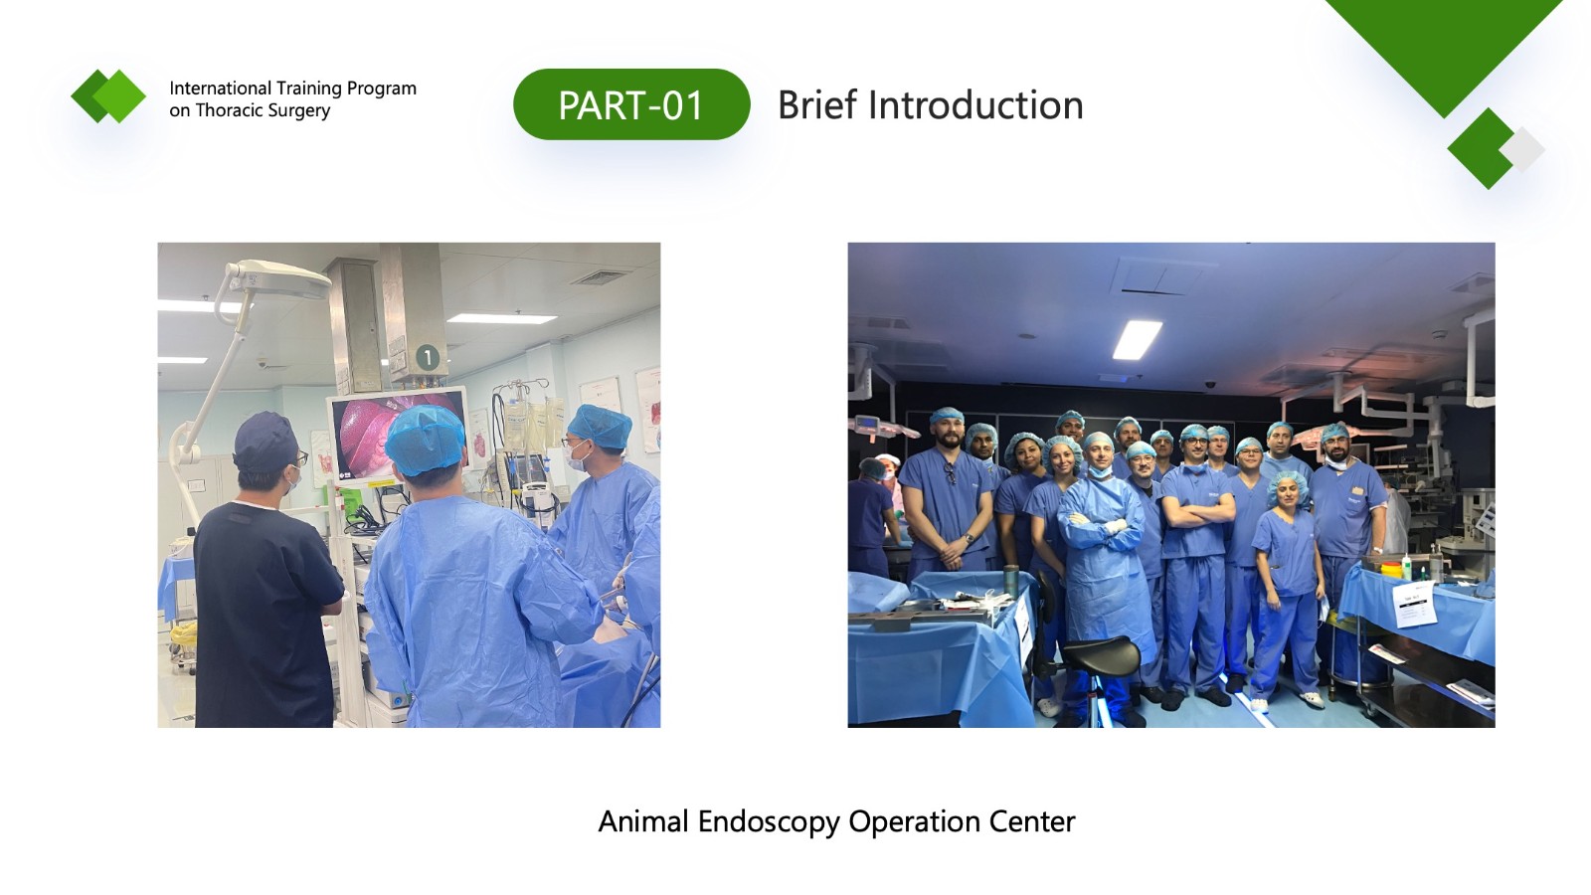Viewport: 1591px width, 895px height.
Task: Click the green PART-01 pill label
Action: pyautogui.click(x=631, y=104)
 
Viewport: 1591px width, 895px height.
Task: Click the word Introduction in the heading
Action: pyautogui.click(x=975, y=105)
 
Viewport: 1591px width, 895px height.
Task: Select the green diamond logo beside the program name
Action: pyautogui.click(x=108, y=95)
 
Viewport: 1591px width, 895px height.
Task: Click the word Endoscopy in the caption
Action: pyautogui.click(x=770, y=822)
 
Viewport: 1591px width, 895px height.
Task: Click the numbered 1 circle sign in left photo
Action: pyautogui.click(x=427, y=357)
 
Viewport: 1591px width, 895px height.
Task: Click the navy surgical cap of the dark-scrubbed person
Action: pyautogui.click(x=265, y=442)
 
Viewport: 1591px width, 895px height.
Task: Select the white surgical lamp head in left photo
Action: pyautogui.click(x=278, y=278)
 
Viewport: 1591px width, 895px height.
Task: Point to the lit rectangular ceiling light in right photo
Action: pyautogui.click(x=1138, y=339)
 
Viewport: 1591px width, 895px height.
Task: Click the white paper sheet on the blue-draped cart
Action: pyautogui.click(x=1414, y=604)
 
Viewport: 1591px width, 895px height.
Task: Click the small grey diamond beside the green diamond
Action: pyautogui.click(x=1523, y=150)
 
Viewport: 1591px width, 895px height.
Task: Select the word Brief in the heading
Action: pyautogui.click(x=818, y=105)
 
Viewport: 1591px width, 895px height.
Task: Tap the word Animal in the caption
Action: pyautogui.click(x=643, y=821)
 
